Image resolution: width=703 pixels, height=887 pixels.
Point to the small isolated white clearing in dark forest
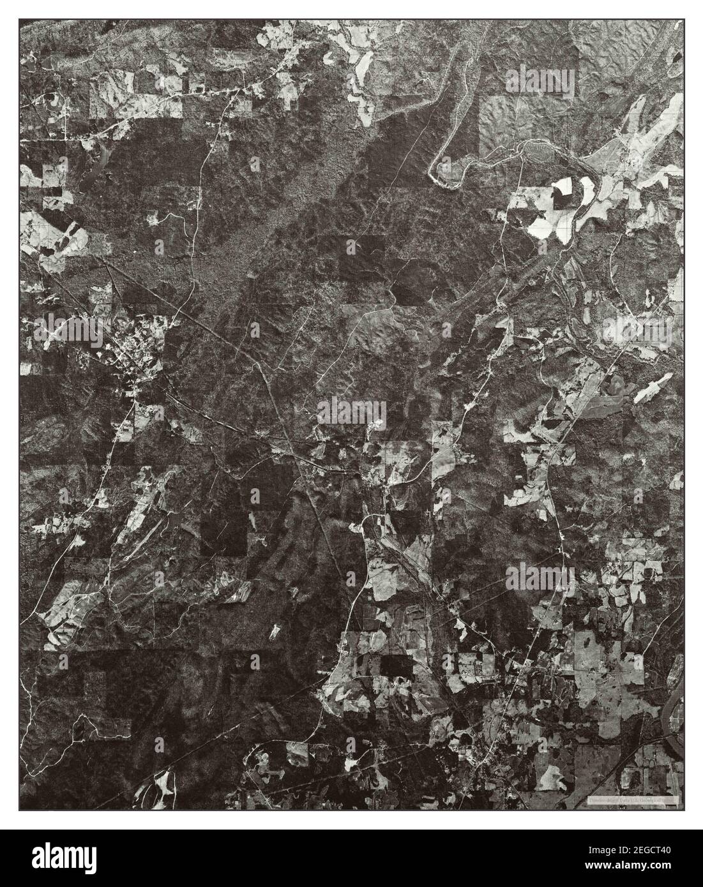coord(276,632)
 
